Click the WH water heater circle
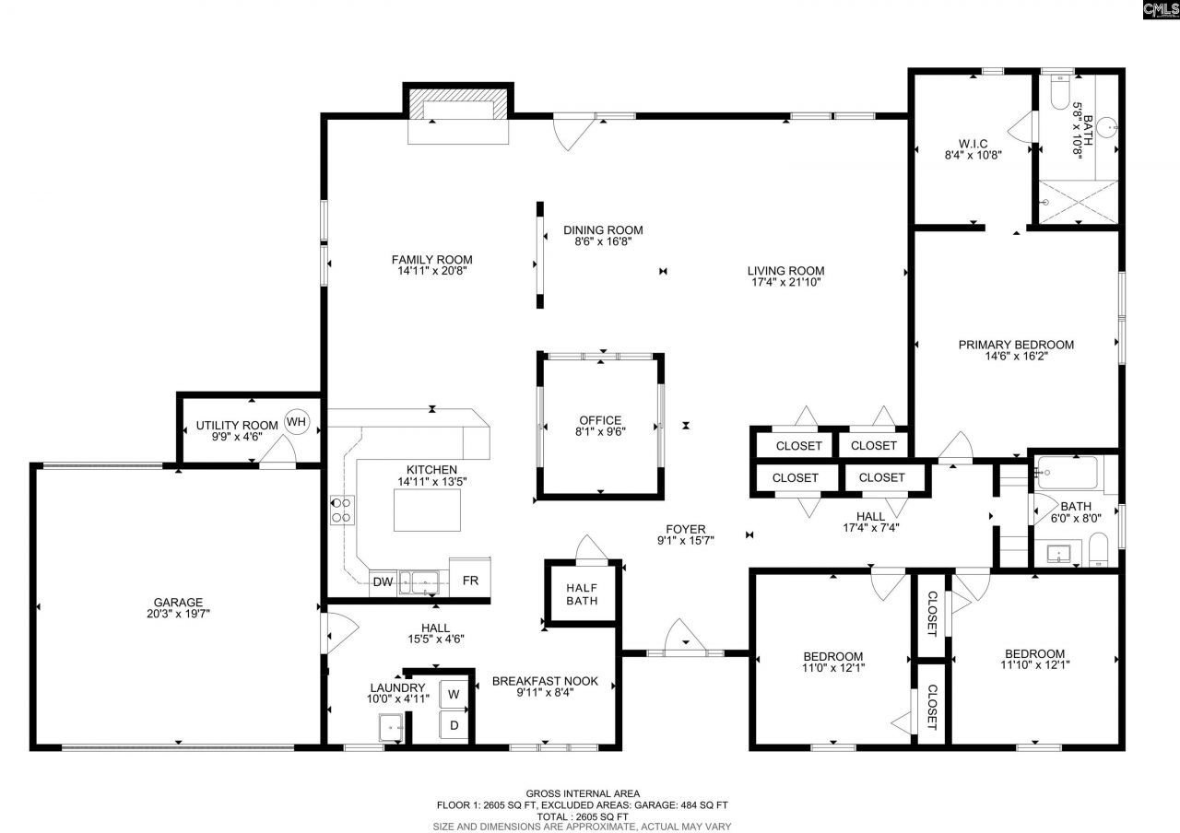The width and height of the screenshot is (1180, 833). (297, 422)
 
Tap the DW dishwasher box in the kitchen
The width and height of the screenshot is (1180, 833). (383, 581)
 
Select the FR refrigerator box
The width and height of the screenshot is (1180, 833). (469, 581)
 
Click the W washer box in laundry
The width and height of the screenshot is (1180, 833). (454, 693)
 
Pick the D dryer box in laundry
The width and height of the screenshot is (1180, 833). (454, 724)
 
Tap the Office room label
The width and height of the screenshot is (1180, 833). (600, 420)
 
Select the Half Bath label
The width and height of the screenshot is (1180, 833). (583, 594)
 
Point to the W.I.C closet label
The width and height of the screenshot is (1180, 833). (973, 143)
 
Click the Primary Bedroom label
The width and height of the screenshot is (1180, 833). (1016, 345)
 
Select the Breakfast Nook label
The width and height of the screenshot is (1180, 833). (545, 681)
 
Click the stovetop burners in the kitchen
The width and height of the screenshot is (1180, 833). (341, 510)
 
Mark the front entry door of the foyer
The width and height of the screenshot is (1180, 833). (683, 650)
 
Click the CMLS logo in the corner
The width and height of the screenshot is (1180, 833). (1160, 10)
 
